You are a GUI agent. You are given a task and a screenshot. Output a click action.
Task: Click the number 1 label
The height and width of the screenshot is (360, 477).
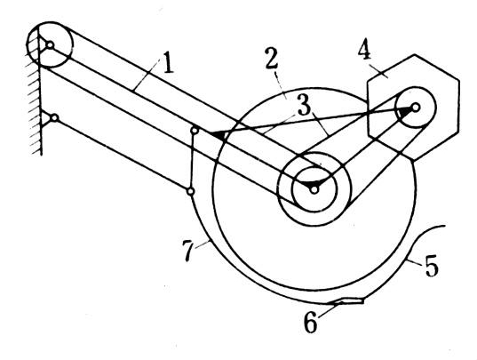point(168,63)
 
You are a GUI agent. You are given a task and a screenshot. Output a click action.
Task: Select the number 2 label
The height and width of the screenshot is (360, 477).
point(271,59)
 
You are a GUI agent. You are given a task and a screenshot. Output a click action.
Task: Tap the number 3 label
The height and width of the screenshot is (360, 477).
point(304,106)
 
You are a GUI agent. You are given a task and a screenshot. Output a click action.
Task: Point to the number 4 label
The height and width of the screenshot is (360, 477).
point(364,50)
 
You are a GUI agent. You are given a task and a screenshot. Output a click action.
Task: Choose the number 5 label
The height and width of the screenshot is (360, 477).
point(432,266)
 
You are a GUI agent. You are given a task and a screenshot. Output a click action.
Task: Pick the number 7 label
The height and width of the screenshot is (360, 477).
point(188,251)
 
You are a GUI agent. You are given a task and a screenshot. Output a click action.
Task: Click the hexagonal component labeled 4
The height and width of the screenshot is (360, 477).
point(413,108)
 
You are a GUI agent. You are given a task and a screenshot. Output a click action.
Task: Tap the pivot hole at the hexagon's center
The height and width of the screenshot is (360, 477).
point(416,108)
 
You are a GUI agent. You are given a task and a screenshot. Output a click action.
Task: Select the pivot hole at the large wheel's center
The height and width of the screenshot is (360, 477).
point(314,189)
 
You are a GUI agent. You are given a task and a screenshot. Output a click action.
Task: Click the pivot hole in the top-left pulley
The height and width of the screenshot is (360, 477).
point(50,45)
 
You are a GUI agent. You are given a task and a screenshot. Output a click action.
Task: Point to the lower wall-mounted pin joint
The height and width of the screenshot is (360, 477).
point(54,117)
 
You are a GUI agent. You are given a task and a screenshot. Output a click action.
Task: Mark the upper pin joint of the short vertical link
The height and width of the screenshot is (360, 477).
point(195,131)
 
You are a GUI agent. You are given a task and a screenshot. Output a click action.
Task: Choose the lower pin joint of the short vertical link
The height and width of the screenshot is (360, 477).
point(190,191)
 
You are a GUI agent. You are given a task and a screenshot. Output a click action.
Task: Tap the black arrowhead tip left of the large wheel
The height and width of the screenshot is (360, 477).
point(211,133)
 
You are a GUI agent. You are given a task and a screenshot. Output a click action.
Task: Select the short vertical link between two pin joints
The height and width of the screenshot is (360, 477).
point(192,161)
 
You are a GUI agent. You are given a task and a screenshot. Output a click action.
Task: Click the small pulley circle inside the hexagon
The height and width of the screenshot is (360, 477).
point(416,108)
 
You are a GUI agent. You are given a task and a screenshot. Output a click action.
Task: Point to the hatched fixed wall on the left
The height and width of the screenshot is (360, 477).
point(35,100)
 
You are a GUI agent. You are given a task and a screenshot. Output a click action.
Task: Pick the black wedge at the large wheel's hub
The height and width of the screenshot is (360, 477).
point(310,185)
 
